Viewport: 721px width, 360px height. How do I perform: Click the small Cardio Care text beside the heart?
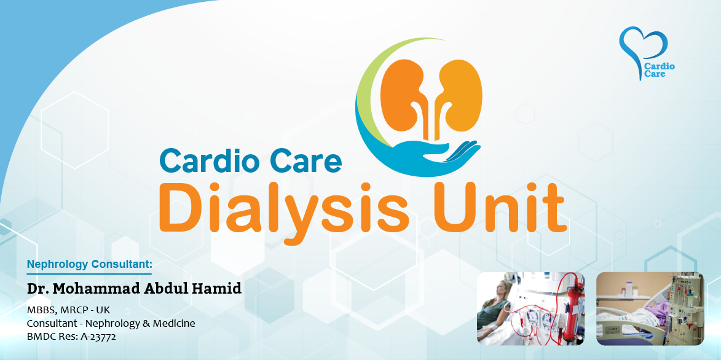point(660,70)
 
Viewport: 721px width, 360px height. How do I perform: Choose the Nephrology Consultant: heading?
point(89,264)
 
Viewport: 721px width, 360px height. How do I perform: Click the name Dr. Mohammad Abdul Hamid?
point(134,289)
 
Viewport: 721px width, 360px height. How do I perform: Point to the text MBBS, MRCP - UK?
point(68,310)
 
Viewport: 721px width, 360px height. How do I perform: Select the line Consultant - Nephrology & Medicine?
point(111,324)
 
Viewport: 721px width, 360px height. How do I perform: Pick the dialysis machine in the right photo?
point(686,306)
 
